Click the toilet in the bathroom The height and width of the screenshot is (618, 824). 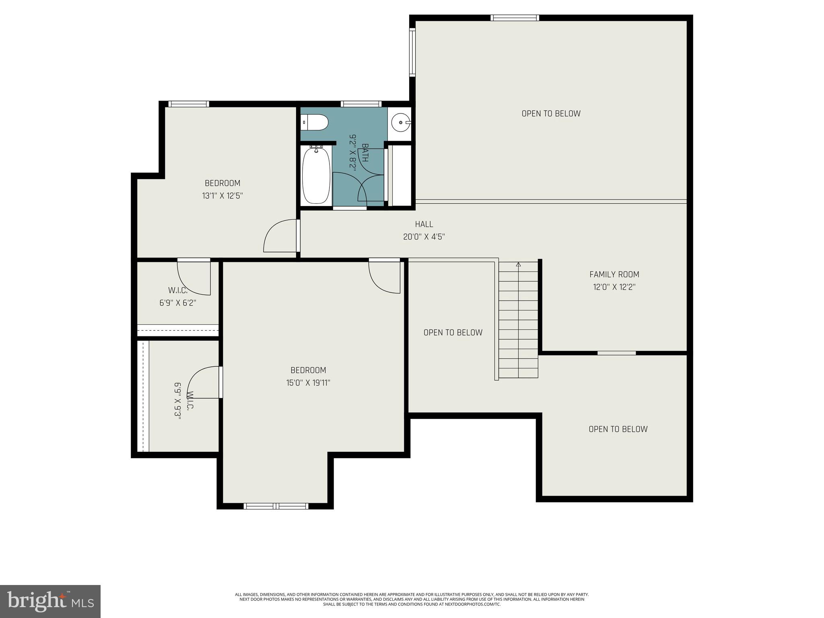pyautogui.click(x=315, y=122)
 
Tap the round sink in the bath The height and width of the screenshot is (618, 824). pyautogui.click(x=401, y=122)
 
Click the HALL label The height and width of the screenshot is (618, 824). pyautogui.click(x=424, y=224)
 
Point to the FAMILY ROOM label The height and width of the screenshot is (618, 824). pyautogui.click(x=614, y=274)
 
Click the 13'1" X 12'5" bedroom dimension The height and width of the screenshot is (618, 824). pyautogui.click(x=222, y=196)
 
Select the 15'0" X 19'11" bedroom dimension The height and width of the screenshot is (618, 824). pyautogui.click(x=308, y=383)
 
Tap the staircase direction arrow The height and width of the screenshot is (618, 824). pyautogui.click(x=518, y=265)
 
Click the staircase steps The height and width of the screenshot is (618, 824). pyautogui.click(x=518, y=322)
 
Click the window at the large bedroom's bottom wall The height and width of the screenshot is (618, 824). pyautogui.click(x=276, y=506)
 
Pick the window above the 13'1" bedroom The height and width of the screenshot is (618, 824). pyautogui.click(x=189, y=104)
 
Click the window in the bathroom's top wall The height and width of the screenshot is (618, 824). pyautogui.click(x=361, y=104)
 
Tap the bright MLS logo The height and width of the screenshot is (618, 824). pyautogui.click(x=50, y=601)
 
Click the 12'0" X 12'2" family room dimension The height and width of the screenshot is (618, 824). pyautogui.click(x=614, y=287)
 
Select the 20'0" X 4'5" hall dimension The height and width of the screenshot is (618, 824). pyautogui.click(x=424, y=237)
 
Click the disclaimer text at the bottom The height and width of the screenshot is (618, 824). pyautogui.click(x=412, y=599)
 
